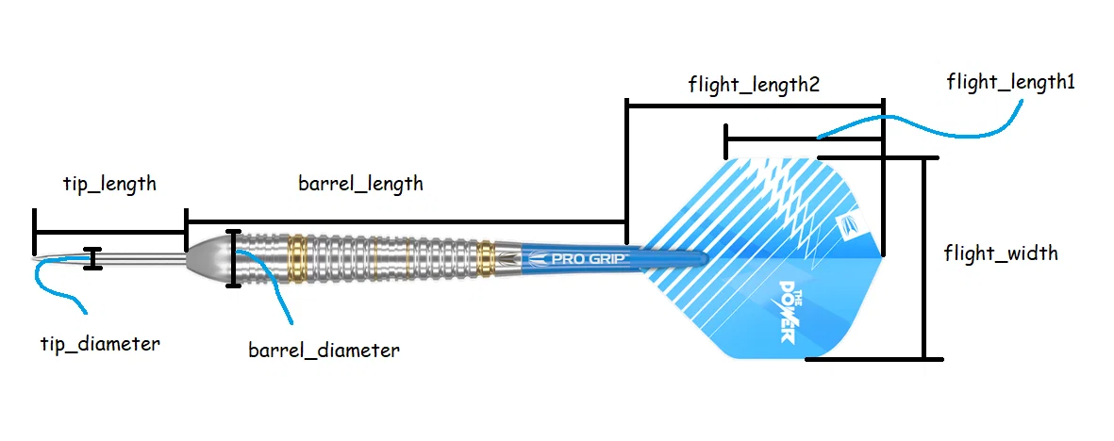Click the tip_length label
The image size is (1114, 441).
[109, 184]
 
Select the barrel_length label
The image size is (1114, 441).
[360, 184]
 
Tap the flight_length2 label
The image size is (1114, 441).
[753, 85]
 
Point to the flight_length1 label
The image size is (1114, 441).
[1011, 83]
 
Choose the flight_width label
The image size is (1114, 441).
[1000, 253]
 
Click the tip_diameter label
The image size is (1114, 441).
[99, 344]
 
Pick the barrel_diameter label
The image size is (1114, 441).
[324, 351]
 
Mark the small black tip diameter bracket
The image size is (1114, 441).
[91, 259]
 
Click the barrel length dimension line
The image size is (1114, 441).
[406, 221]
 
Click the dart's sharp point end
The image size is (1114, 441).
[36, 257]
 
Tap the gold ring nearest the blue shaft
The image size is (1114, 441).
[487, 256]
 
